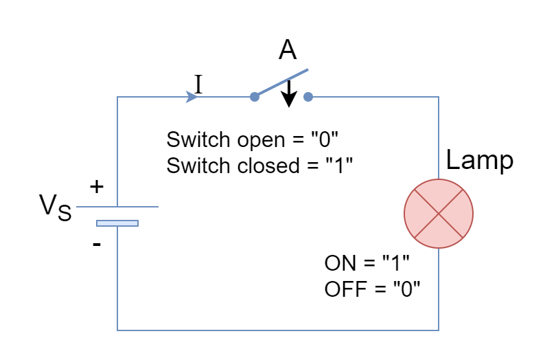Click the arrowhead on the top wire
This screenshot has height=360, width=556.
pyautogui.click(x=192, y=97)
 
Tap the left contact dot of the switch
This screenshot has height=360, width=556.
pyautogui.click(x=255, y=97)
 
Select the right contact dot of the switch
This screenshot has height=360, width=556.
pyautogui.click(x=308, y=97)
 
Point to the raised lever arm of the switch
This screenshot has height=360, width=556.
pyautogui.click(x=281, y=83)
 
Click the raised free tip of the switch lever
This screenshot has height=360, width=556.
pyautogui.click(x=308, y=69)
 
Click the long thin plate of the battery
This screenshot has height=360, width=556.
pyautogui.click(x=117, y=206)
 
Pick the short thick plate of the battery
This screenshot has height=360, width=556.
pyautogui.click(x=117, y=223)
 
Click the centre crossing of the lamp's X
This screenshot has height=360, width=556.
pyautogui.click(x=439, y=214)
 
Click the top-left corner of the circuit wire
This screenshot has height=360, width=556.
pyautogui.click(x=117, y=97)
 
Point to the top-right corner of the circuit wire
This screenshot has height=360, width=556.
pyautogui.click(x=439, y=97)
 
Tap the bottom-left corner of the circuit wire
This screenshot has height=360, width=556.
pyautogui.click(x=117, y=330)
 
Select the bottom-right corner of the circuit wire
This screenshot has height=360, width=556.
pyautogui.click(x=439, y=330)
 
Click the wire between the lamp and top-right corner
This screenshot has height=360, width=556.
pyautogui.click(x=439, y=137)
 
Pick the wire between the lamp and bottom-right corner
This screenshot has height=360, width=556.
pyautogui.click(x=439, y=289)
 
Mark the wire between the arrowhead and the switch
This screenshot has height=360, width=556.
pyautogui.click(x=225, y=97)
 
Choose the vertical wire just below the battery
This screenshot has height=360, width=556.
pyautogui.click(x=117, y=275)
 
